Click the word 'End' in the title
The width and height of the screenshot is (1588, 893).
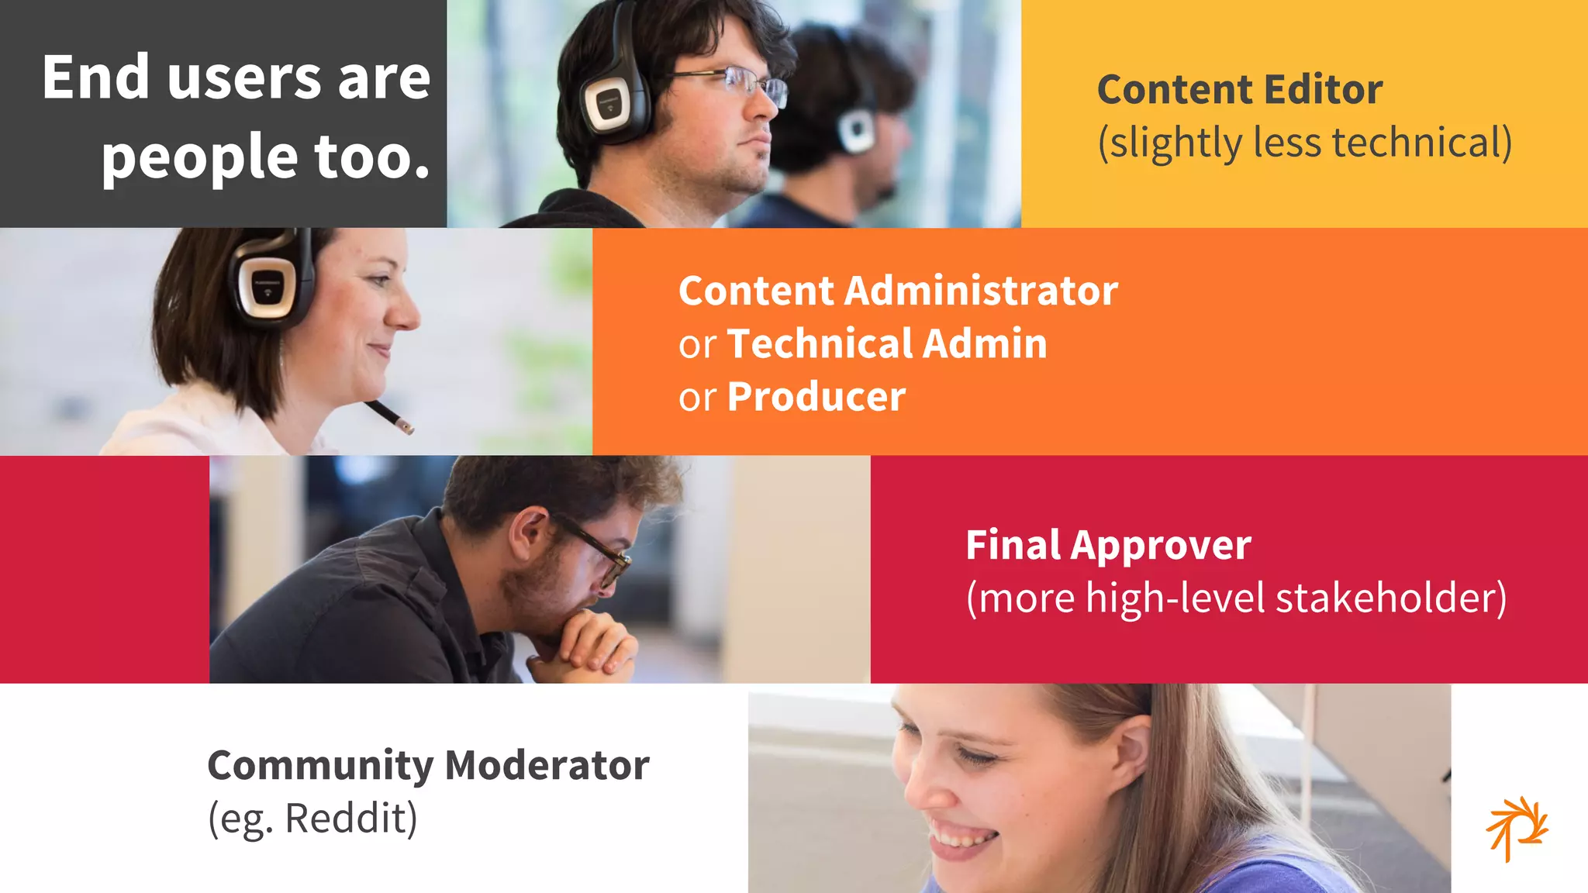(x=95, y=78)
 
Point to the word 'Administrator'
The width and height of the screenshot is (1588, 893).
(x=981, y=291)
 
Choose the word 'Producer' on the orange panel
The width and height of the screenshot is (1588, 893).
(x=816, y=397)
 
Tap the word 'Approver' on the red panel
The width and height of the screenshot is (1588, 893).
(x=1161, y=545)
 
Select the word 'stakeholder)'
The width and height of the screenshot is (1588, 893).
(x=1391, y=598)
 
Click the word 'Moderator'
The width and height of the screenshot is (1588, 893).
(x=547, y=765)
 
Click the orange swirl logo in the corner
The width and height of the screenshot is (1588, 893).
(x=1517, y=828)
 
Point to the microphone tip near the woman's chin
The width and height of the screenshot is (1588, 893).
(x=404, y=425)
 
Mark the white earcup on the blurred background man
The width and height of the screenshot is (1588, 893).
(x=858, y=129)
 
